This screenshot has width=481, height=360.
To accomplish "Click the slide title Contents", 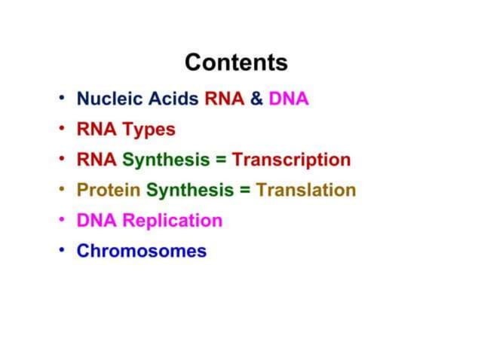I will [x=236, y=62].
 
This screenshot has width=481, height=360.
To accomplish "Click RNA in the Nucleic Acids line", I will [x=224, y=99].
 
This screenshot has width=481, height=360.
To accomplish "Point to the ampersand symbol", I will [x=256, y=99].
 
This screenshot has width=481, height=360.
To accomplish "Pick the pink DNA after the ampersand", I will [x=289, y=99].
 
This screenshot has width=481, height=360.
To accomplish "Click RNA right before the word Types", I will [x=97, y=130].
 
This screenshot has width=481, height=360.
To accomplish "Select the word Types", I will [x=149, y=130].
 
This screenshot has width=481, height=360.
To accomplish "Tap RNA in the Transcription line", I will [x=97, y=160].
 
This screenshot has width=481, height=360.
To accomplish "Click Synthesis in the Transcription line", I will [x=166, y=160].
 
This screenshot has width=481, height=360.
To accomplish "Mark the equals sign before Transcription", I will [x=221, y=160].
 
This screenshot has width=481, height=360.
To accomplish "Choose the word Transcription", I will [x=291, y=160].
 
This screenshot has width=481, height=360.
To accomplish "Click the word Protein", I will [x=109, y=191].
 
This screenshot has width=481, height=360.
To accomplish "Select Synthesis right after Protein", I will [x=190, y=191].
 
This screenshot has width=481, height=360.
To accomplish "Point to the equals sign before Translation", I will [x=245, y=191].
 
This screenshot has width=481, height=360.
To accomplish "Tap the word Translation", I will [x=305, y=191].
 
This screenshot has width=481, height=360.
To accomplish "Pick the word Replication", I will [x=173, y=221].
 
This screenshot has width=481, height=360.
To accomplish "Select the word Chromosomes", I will [x=141, y=251].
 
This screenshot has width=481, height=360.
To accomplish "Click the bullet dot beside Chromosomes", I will [x=62, y=249].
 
